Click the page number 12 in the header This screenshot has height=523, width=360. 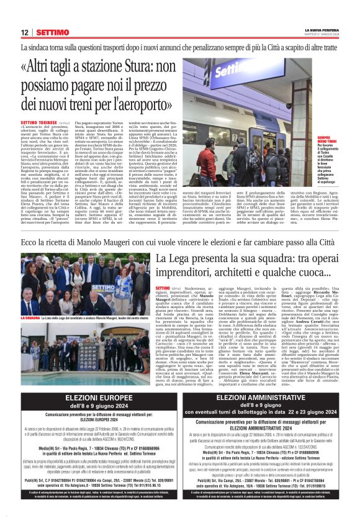pyautogui.click(x=24, y=32)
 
